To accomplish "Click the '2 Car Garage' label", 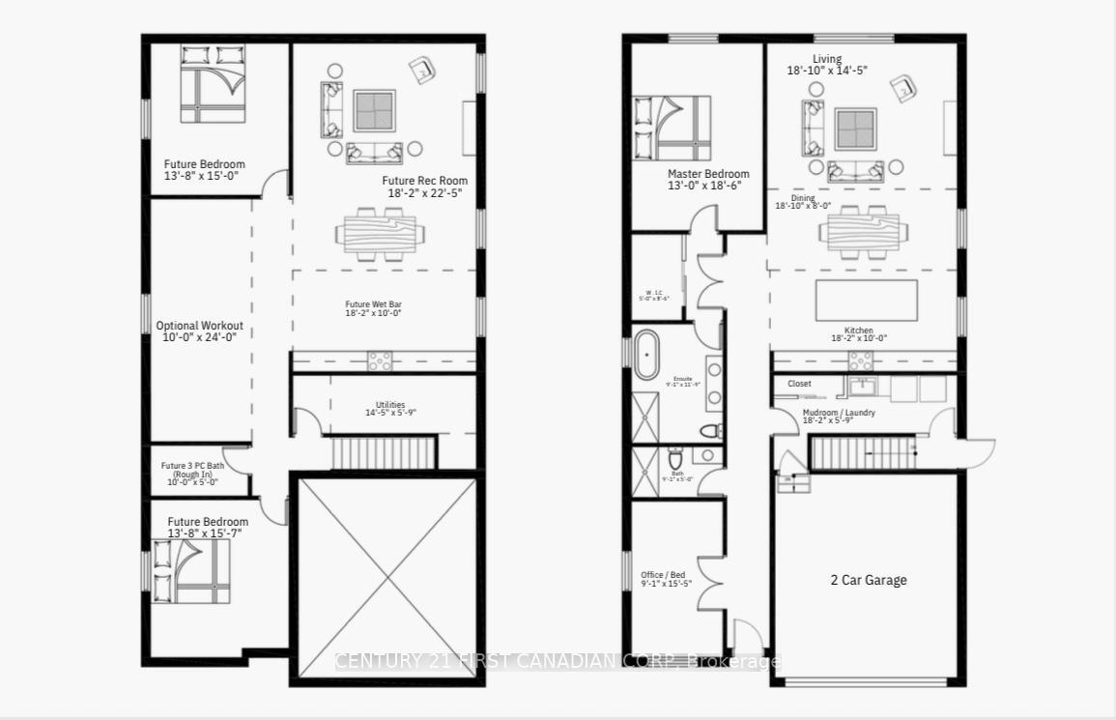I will pyautogui.click(x=869, y=580).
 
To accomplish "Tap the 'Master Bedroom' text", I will pyautogui.click(x=708, y=175).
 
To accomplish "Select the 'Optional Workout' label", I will pyautogui.click(x=200, y=326).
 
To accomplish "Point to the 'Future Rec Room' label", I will pyautogui.click(x=424, y=181).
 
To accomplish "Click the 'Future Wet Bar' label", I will pyautogui.click(x=374, y=304).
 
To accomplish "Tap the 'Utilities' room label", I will pyautogui.click(x=390, y=405).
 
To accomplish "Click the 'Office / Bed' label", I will pyautogui.click(x=665, y=575).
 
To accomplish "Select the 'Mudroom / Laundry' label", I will pyautogui.click(x=839, y=413).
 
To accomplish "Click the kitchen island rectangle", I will pyautogui.click(x=867, y=300).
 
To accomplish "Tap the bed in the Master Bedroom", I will pyautogui.click(x=672, y=128).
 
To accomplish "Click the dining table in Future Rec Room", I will pyautogui.click(x=380, y=233).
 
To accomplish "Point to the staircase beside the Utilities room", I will pyautogui.click(x=384, y=452).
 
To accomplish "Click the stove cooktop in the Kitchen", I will pyautogui.click(x=861, y=360).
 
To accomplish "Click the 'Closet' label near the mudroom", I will pyautogui.click(x=799, y=384).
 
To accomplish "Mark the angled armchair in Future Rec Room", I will pyautogui.click(x=421, y=70).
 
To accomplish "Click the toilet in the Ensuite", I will pyautogui.click(x=710, y=431).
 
